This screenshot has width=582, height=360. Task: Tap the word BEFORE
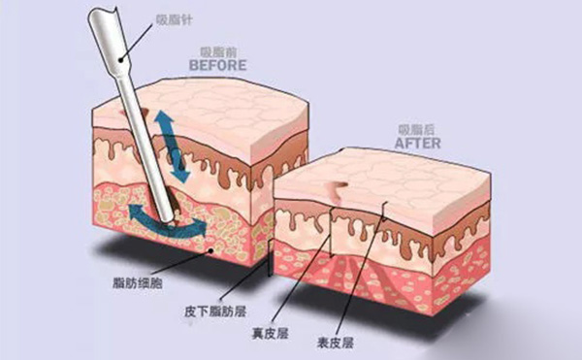point(218,65)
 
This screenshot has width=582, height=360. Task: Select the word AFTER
point(418,142)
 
